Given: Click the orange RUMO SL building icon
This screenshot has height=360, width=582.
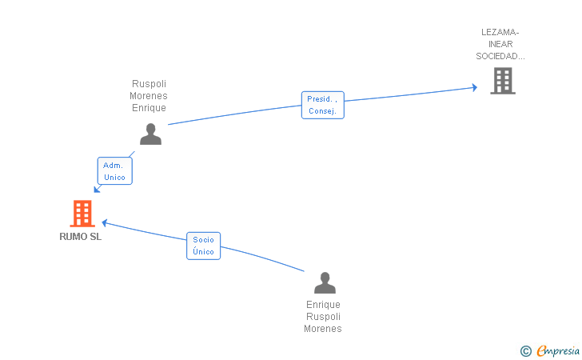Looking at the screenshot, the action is pyautogui.click(x=82, y=214).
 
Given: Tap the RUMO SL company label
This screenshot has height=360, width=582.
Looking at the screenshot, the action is pyautogui.click(x=81, y=237).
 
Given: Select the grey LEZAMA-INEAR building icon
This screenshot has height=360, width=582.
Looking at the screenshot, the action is pyautogui.click(x=503, y=81).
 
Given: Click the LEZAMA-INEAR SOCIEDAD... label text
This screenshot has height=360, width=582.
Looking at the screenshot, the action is pyautogui.click(x=500, y=44).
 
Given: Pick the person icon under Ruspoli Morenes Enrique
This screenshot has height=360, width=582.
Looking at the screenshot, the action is pyautogui.click(x=150, y=134).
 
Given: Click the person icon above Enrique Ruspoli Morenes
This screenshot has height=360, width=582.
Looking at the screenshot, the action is pyautogui.click(x=325, y=282).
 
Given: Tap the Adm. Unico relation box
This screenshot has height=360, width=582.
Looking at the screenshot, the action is pyautogui.click(x=114, y=171).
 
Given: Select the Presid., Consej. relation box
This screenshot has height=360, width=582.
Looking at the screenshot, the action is pyautogui.click(x=322, y=105).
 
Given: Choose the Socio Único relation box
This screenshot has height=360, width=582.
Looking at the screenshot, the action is pyautogui.click(x=203, y=246).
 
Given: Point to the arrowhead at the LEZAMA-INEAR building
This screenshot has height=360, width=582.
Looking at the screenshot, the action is pyautogui.click(x=475, y=87).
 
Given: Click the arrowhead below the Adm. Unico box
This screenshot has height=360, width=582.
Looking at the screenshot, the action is pyautogui.click(x=97, y=190).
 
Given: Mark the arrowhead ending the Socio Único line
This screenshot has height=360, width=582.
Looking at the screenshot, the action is pyautogui.click(x=105, y=223).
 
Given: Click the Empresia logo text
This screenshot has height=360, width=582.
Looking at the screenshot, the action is pyautogui.click(x=558, y=350).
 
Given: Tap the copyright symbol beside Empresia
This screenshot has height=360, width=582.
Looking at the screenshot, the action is pyautogui.click(x=525, y=351).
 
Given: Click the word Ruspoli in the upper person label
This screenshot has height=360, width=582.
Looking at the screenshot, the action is pyautogui.click(x=149, y=84).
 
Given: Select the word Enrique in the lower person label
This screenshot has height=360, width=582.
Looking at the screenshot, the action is pyautogui.click(x=323, y=305).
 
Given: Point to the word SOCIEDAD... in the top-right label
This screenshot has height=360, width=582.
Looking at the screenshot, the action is pyautogui.click(x=500, y=56).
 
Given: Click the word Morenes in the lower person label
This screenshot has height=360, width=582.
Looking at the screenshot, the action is pyautogui.click(x=323, y=329).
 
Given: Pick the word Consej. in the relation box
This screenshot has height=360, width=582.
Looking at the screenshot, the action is pyautogui.click(x=322, y=111).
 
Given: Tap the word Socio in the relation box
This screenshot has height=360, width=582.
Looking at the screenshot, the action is pyautogui.click(x=203, y=240).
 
